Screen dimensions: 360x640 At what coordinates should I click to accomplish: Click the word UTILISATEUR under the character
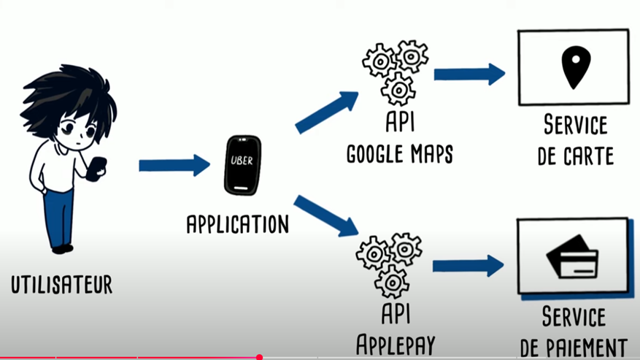62,284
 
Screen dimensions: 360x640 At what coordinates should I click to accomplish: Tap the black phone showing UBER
242,165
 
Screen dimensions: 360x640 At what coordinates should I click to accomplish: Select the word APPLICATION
238,223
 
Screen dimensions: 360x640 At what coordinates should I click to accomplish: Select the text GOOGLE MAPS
399,155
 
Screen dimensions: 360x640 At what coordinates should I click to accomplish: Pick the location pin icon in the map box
574,66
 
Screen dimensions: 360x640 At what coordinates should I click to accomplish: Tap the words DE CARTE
575,156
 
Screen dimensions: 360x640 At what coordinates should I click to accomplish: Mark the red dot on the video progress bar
259,358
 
